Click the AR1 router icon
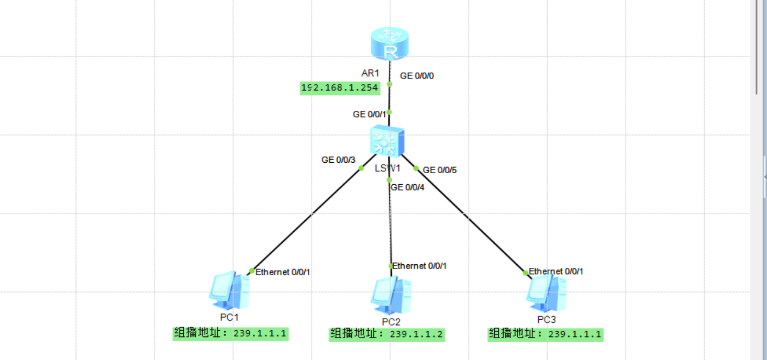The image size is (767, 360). pyautogui.click(x=390, y=44)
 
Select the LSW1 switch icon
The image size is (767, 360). pyautogui.click(x=387, y=141)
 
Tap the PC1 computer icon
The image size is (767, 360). pyautogui.click(x=229, y=291)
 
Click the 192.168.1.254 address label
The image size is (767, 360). pyautogui.click(x=339, y=88)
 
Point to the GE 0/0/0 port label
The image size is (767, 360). pyautogui.click(x=417, y=76)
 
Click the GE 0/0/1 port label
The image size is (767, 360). pyautogui.click(x=369, y=115)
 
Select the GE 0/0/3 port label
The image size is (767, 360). pyautogui.click(x=338, y=160)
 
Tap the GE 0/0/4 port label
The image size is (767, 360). pyautogui.click(x=407, y=187)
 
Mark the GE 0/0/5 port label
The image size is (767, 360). pyautogui.click(x=440, y=170)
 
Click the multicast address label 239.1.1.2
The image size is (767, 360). pyautogui.click(x=387, y=334)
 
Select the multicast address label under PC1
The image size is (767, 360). pyautogui.click(x=231, y=333)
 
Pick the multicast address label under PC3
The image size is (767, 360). pyautogui.click(x=546, y=334)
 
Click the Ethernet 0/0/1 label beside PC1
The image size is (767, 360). pyautogui.click(x=283, y=272)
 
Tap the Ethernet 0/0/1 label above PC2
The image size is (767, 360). pyautogui.click(x=419, y=266)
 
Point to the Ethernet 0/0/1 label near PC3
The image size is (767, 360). pyautogui.click(x=556, y=272)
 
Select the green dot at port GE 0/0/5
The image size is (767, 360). pyautogui.click(x=416, y=168)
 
